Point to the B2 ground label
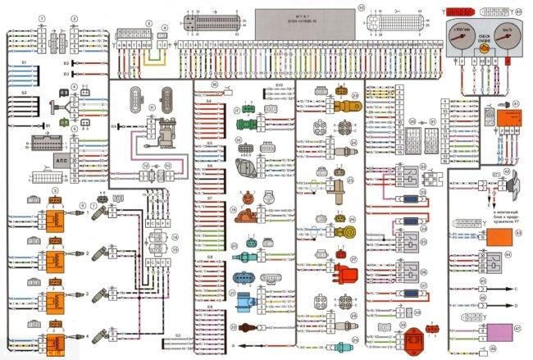coord(66,62)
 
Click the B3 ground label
coord(66,74)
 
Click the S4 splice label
coord(208,101)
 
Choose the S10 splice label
coord(278,84)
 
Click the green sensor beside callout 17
coord(244,125)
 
